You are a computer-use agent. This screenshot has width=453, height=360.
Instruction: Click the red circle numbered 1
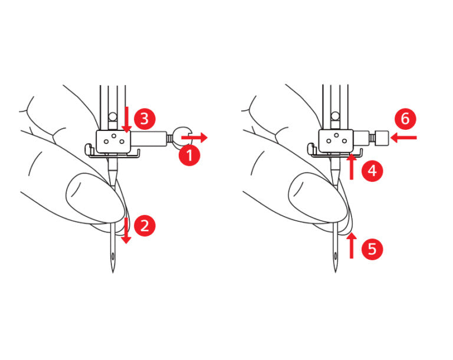[x=189, y=155]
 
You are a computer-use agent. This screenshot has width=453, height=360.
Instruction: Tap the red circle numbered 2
[x=145, y=225]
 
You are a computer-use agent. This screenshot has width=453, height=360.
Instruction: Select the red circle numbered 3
[x=145, y=119]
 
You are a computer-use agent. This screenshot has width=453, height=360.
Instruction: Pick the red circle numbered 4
[x=372, y=171]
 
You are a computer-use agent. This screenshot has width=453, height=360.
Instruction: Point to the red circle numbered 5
[x=372, y=249]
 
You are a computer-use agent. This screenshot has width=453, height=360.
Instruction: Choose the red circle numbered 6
[x=405, y=119]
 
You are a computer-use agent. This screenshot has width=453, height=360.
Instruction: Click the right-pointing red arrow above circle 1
[x=195, y=138]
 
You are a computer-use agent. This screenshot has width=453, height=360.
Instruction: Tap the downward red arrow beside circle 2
[x=126, y=231]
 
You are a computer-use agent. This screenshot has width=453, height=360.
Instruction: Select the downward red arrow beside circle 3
[x=127, y=120]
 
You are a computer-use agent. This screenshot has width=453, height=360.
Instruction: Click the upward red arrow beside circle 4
[x=352, y=167]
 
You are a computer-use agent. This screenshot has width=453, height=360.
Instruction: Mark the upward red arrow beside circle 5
[x=352, y=246]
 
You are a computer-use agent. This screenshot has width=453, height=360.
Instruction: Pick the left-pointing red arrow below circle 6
[x=403, y=138]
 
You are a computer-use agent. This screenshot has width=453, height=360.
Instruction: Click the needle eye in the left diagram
[x=113, y=256]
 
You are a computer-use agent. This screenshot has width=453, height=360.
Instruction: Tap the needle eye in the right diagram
[x=336, y=256]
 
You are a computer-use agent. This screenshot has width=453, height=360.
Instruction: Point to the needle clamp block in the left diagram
[x=114, y=142]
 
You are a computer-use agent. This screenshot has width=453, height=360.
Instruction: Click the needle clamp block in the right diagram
[x=336, y=141]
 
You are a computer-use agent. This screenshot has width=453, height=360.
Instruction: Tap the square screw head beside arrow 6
[x=382, y=138]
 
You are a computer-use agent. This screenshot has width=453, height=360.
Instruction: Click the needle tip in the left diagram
[x=113, y=272]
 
